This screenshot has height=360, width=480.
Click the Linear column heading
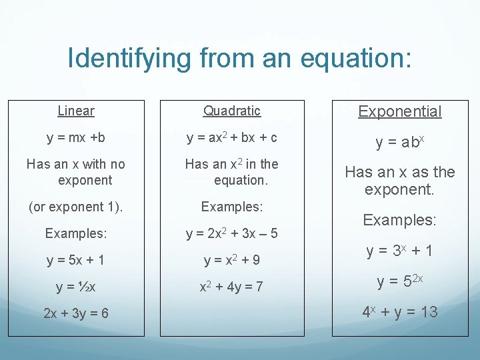coord(76,111)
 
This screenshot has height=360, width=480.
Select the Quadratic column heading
coord(232,111)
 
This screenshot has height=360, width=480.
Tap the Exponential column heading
coord(400,111)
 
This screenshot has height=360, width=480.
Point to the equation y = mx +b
coord(76,138)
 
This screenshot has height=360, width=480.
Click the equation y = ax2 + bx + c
coord(232,138)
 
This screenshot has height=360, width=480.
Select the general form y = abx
coord(400,142)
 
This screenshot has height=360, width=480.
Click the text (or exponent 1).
coord(76,207)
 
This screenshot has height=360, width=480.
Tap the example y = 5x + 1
coord(76,260)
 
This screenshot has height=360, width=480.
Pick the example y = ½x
coord(76,287)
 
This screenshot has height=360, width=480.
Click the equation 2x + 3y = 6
coord(76,314)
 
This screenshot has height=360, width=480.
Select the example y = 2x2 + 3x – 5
coord(232,234)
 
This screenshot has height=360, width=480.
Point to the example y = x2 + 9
coord(232,260)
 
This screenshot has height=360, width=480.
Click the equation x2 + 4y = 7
coord(232,287)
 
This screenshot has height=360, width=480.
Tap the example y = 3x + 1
coord(400,251)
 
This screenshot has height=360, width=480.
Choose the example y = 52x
coord(400,282)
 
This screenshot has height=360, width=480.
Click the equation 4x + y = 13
coord(400,311)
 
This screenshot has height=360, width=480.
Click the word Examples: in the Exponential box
coord(400,220)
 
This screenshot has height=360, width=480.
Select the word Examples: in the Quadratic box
coord(232,207)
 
